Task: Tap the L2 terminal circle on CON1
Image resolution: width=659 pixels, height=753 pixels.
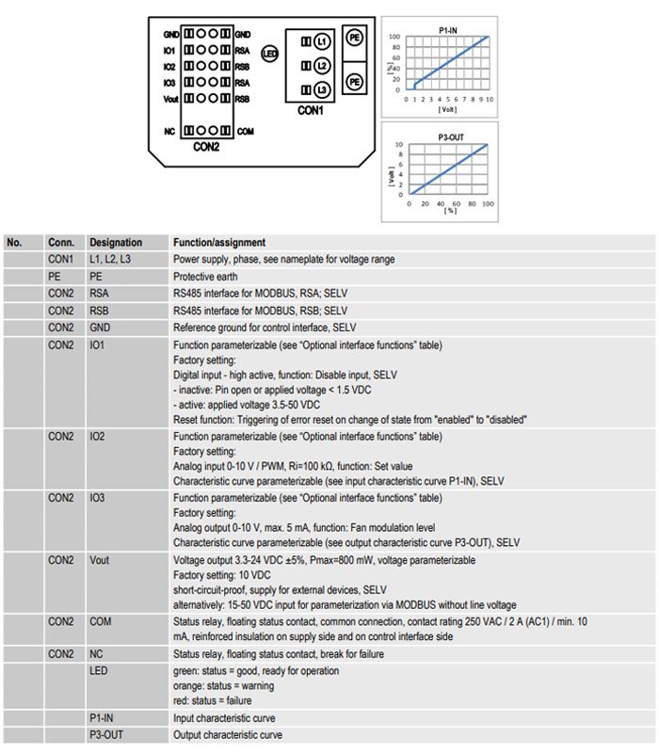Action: tap(322, 66)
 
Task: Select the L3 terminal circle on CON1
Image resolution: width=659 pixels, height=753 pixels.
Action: tap(322, 90)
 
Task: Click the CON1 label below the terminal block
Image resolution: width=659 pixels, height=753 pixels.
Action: tap(310, 110)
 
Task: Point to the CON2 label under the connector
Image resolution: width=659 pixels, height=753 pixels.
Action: tap(206, 148)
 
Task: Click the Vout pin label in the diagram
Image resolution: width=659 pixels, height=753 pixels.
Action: tap(170, 99)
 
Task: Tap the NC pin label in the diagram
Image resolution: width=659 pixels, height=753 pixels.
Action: tap(171, 131)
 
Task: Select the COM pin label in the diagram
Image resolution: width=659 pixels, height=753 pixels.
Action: tap(245, 131)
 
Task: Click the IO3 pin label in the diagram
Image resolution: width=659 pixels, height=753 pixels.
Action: tap(169, 83)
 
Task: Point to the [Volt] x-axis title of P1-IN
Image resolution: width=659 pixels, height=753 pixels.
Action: tap(449, 108)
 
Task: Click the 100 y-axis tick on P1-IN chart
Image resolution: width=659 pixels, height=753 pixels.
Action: tap(394, 37)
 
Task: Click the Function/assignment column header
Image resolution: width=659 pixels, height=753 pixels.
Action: tap(219, 243)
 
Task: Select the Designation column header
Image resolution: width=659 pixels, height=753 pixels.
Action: tap(116, 243)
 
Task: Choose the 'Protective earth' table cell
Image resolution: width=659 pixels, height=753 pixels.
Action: tap(205, 278)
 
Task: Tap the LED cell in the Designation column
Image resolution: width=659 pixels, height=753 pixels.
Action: tap(98, 670)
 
